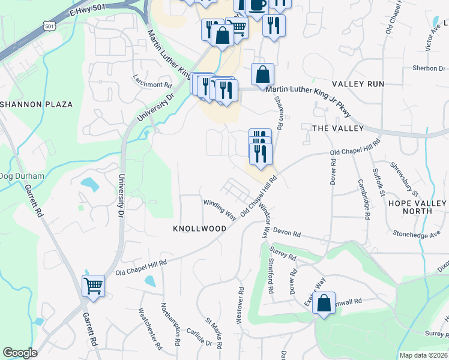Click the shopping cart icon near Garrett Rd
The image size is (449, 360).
(x=94, y=286)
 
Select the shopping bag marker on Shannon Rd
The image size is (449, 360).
(x=262, y=75)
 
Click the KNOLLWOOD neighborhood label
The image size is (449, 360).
(x=199, y=229)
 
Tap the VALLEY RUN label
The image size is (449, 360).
(x=358, y=84)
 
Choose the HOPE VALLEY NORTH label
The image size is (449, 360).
(x=418, y=207)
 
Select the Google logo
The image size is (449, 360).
(x=20, y=353)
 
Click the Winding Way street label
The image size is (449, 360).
(x=219, y=210)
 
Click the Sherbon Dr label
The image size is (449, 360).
(x=424, y=68)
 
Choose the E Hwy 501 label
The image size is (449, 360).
(x=86, y=12)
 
